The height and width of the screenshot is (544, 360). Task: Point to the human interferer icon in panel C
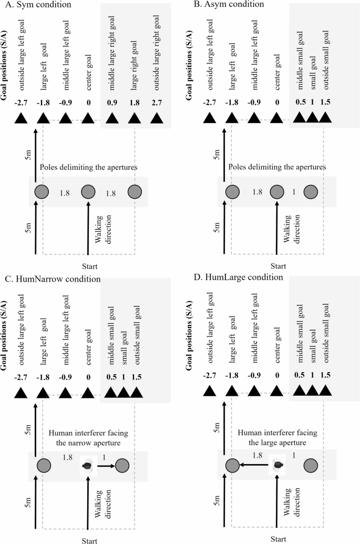coord(87,466)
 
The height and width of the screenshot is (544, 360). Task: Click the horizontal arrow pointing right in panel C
coord(105,466)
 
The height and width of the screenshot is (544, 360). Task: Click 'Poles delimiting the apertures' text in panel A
coord(88,168)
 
